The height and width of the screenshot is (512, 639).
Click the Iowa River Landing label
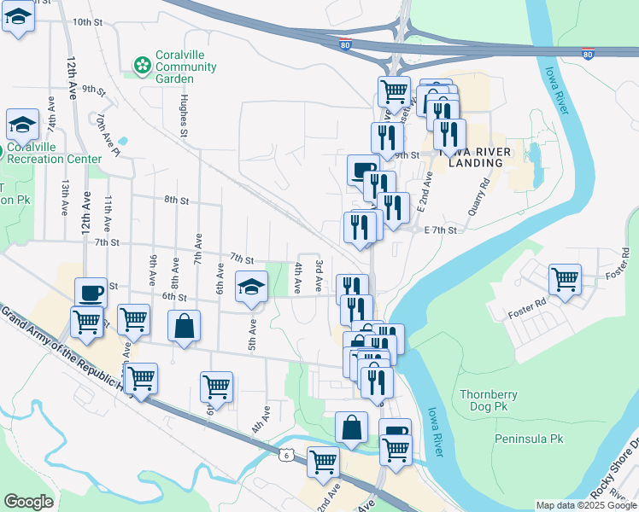click(475, 157)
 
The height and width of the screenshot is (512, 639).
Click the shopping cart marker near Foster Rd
click(565, 279)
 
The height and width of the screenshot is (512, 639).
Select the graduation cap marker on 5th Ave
click(251, 288)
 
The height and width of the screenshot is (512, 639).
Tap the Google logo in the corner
click(28, 502)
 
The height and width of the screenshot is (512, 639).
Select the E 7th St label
click(442, 230)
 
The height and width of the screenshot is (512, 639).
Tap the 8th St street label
click(176, 200)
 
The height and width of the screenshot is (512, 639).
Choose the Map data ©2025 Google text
click(584, 505)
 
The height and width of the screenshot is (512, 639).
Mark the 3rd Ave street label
click(318, 274)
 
